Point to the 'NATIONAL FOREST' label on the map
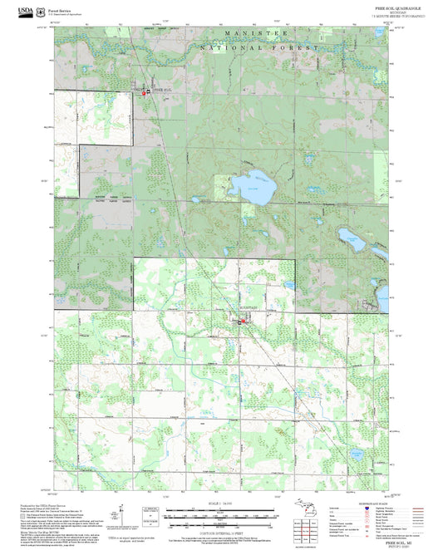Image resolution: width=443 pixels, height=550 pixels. click(260, 47)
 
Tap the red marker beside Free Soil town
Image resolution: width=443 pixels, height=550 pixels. click(145, 93)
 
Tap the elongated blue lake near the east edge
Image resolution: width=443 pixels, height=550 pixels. click(355, 241)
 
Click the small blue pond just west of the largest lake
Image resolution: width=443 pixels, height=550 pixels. click(194, 199)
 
